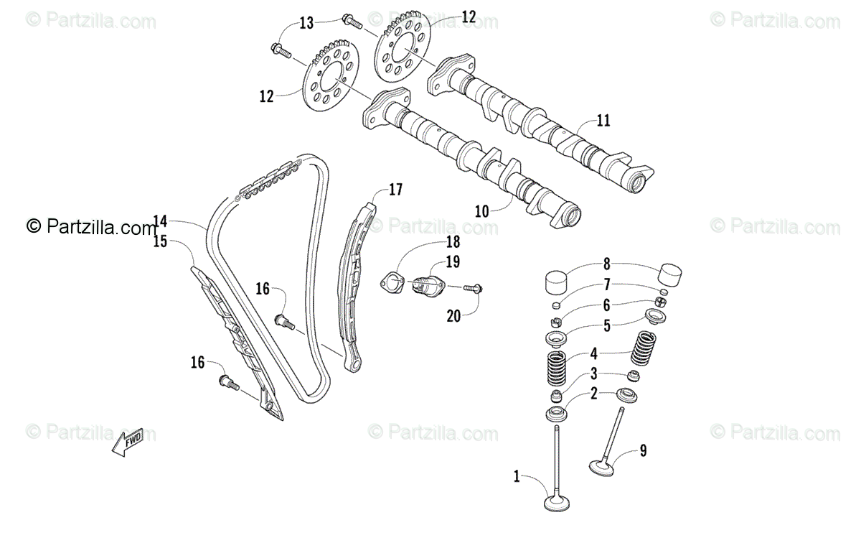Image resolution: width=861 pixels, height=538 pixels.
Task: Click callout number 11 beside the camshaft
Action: [603, 121]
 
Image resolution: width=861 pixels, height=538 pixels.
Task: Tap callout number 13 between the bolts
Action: [306, 23]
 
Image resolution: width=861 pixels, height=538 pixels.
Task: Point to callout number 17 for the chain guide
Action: [396, 190]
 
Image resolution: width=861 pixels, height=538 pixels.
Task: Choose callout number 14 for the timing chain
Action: [160, 221]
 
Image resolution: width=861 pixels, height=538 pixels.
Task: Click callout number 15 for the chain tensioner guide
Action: [160, 241]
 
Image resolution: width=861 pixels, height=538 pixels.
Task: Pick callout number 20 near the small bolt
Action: [453, 315]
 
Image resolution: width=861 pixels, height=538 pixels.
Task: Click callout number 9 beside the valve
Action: [643, 450]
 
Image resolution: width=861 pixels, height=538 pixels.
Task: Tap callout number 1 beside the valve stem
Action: [516, 475]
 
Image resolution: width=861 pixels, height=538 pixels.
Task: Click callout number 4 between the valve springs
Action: [593, 353]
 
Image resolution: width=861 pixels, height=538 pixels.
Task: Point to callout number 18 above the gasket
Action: [453, 241]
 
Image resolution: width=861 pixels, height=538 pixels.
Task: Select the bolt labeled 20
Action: [472, 289]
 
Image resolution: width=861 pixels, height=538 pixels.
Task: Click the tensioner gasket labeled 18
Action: [392, 283]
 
